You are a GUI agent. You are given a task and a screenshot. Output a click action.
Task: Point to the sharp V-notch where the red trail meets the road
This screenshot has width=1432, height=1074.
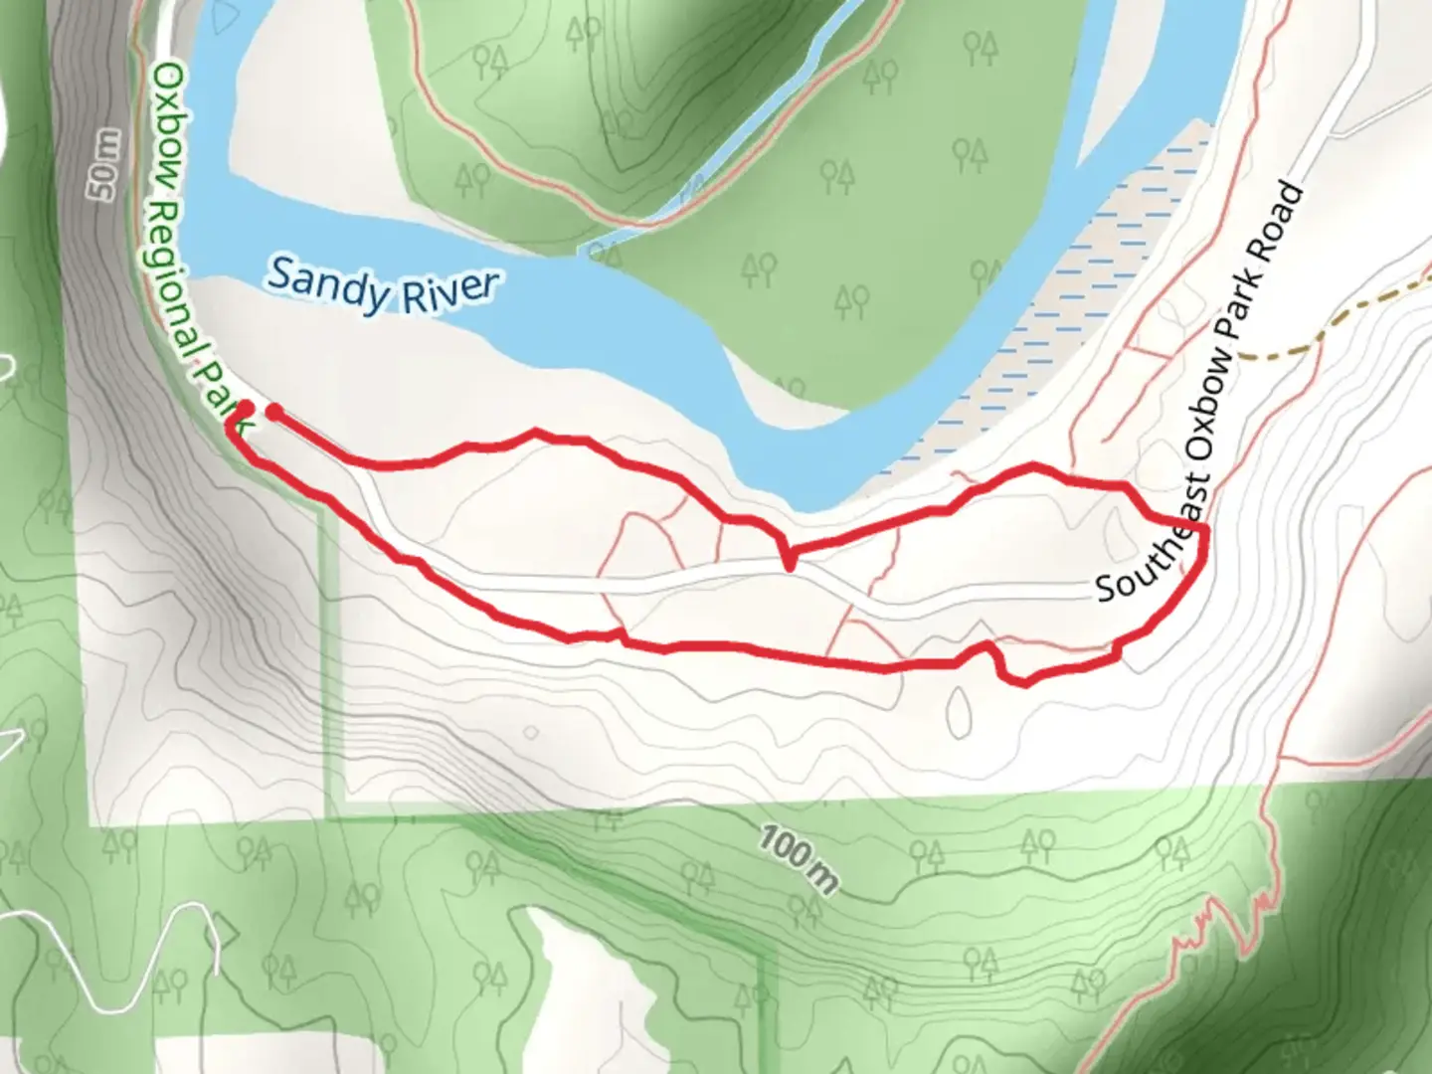tap(788, 565)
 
